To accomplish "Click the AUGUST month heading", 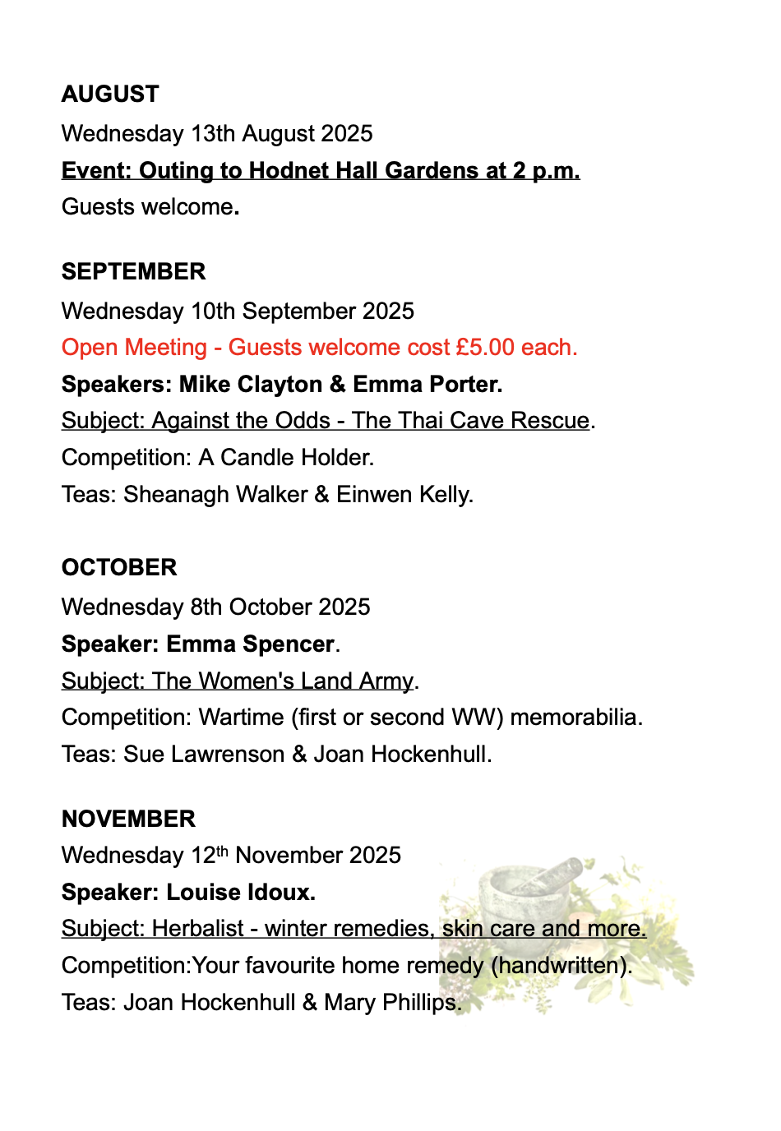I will coord(110,95).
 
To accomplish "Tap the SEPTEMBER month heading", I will coord(133,272).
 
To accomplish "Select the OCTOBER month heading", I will coord(119,568).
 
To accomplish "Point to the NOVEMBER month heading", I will coord(128,819).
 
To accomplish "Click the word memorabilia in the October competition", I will coord(575,718).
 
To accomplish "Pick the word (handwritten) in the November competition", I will coord(561,966).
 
